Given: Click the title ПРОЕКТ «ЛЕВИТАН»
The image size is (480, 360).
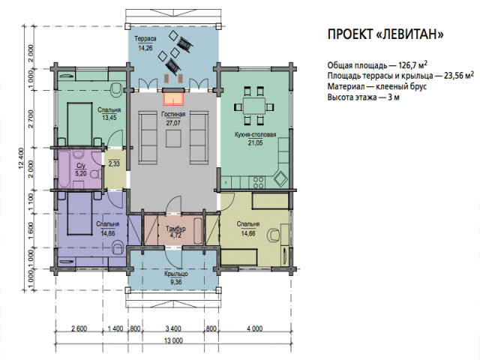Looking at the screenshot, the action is (x=385, y=34).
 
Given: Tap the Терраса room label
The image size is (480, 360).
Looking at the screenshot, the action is (x=145, y=39).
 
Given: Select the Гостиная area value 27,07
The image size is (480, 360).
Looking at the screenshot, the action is (x=173, y=123).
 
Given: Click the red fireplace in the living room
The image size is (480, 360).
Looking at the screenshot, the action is (x=173, y=98).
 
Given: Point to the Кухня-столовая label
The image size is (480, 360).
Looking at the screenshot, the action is (x=255, y=135).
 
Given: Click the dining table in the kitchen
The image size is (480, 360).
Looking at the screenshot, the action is (x=253, y=106).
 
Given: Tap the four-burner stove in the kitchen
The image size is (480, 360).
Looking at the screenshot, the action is (x=258, y=182).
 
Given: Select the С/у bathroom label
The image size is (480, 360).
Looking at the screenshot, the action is (x=81, y=166).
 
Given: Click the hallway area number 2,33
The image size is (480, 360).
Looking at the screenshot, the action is (x=114, y=163).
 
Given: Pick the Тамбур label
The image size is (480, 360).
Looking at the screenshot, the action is (x=175, y=229).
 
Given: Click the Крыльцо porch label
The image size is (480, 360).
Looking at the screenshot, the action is (x=175, y=274).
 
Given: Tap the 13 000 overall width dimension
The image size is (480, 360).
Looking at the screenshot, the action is (x=173, y=340).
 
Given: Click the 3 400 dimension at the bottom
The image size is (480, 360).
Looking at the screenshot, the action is (x=173, y=328).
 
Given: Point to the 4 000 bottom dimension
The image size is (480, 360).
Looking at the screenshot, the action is (x=255, y=328).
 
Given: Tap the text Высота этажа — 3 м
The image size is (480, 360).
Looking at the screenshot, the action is (x=363, y=97).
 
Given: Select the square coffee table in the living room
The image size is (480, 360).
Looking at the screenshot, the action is (x=173, y=139).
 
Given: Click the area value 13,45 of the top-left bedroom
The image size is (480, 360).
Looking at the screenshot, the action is (x=109, y=118).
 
